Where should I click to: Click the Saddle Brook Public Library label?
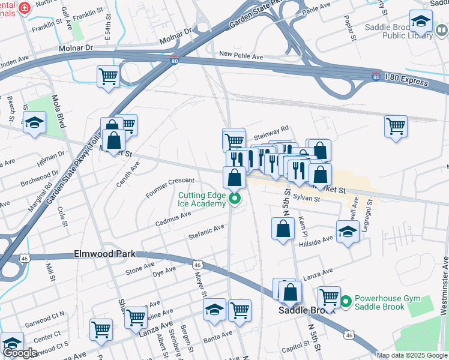399,31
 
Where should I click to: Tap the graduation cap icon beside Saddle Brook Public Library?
421,22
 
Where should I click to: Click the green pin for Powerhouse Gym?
345,302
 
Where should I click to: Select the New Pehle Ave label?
241,56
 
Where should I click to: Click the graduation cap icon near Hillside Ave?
348,231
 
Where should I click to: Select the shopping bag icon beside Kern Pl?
283,229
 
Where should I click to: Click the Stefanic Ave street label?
206,230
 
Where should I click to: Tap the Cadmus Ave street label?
173,215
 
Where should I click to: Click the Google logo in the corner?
20,353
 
